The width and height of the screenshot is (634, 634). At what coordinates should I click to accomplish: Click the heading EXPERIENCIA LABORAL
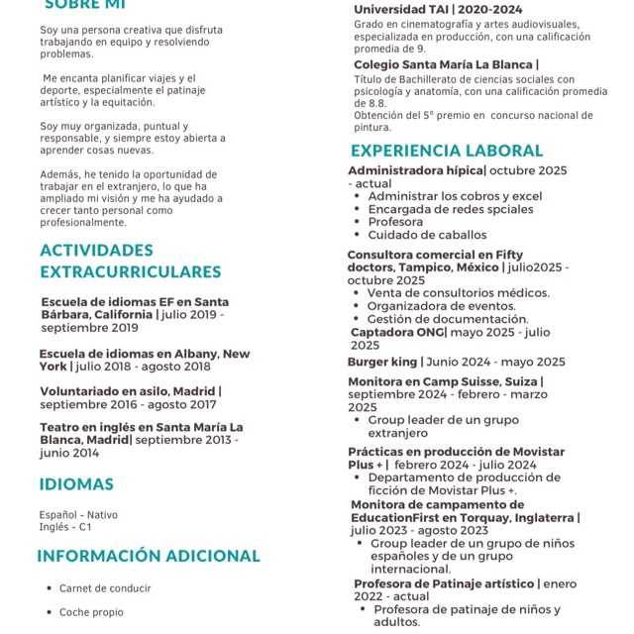point(446,152)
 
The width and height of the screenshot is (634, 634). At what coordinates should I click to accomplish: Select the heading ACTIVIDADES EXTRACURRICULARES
point(130,261)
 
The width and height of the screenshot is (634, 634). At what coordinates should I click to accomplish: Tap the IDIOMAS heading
point(76,484)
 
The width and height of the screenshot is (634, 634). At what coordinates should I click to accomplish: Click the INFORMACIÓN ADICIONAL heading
point(148,556)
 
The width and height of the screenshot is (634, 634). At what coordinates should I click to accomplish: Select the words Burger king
point(382,362)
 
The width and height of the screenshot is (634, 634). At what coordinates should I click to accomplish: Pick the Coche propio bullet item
point(91,612)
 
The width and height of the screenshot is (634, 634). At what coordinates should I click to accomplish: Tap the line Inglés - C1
point(65,527)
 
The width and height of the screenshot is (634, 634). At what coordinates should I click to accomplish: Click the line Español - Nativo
point(78,515)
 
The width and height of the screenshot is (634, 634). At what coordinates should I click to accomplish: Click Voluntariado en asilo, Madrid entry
point(130,391)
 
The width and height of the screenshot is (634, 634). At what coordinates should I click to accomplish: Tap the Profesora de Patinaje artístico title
point(445,584)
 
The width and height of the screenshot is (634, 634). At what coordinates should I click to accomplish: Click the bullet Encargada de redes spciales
point(450,209)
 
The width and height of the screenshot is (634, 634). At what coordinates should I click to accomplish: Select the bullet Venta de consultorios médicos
point(458,293)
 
